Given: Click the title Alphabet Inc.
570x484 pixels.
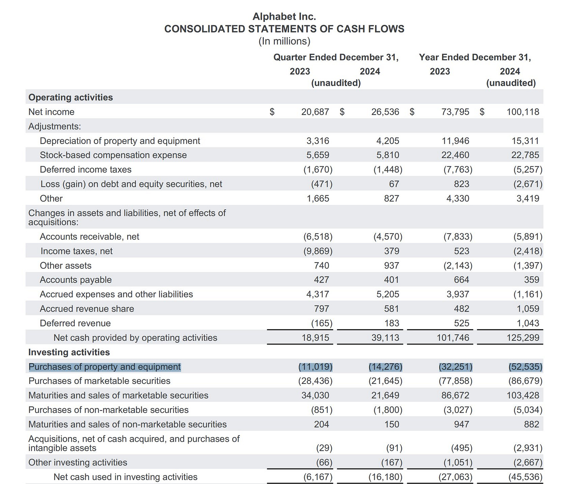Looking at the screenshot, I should coord(284,16).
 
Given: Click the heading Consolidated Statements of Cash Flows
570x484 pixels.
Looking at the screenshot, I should coord(284,29).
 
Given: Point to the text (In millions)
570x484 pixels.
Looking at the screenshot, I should coord(284,41).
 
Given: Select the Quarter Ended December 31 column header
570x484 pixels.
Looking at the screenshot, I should coord(336,57).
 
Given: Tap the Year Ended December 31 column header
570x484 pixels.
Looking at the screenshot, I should coord(475,57).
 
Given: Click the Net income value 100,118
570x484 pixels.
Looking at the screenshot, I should coord(523,112).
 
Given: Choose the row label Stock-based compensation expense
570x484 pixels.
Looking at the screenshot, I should coord(113,155).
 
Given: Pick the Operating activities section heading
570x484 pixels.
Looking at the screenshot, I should coord(70,97).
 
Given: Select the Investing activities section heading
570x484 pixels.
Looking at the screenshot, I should coord(69,352).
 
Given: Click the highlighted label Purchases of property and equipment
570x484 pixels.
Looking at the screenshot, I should coord(105,367).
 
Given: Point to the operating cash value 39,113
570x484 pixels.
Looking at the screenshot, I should coord(385,338).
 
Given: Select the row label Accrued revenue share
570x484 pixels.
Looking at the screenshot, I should coord(87,309).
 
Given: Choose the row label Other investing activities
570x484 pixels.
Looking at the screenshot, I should coord(78,462).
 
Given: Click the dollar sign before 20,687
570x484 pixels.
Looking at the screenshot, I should coord(272,112).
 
